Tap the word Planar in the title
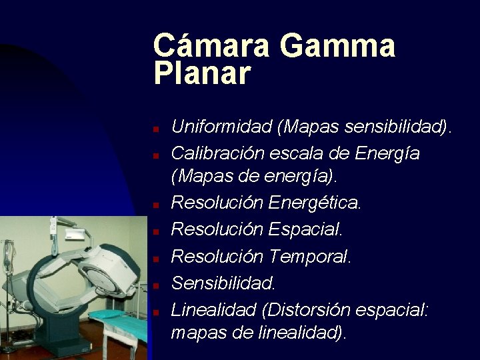pos(202,73)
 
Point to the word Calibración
pos(218,153)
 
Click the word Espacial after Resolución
pos(305,229)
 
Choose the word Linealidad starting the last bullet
pos(214,310)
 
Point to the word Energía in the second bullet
pos(387,154)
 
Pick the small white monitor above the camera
pos(75,235)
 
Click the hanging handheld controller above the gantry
pos(53,227)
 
